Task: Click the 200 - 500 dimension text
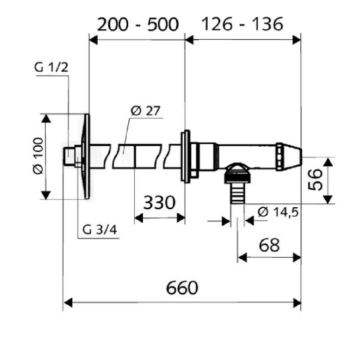pyautogui.click(x=138, y=25)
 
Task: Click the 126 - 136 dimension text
pyautogui.click(x=242, y=24)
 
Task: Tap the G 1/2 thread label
pyautogui.click(x=51, y=67)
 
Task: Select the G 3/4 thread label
pyautogui.click(x=100, y=230)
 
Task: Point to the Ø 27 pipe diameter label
pyautogui.click(x=145, y=111)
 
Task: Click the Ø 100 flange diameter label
pyautogui.click(x=39, y=156)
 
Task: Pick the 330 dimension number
pyautogui.click(x=159, y=203)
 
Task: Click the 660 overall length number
pyautogui.click(x=182, y=288)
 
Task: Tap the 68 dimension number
pyautogui.click(x=269, y=245)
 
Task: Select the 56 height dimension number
pyautogui.click(x=315, y=179)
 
